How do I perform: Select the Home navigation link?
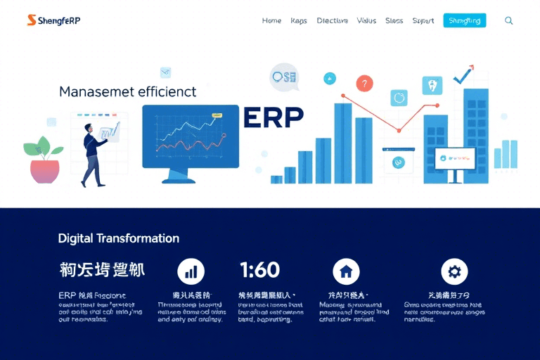point(271,21)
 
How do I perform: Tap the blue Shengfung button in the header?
point(465,21)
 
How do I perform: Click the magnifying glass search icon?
point(509,21)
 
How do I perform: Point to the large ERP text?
point(274,117)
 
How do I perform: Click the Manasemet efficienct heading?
point(127,91)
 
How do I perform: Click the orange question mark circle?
point(364,84)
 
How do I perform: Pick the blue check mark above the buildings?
point(463,75)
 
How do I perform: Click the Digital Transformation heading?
point(118,238)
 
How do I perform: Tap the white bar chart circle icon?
point(191,271)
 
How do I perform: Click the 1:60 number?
point(259,270)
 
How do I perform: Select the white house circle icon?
point(345,271)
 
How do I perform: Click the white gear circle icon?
point(454,271)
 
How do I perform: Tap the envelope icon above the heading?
point(166,72)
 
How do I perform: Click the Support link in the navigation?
point(423,21)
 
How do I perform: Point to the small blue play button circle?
point(329,79)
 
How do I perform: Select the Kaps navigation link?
point(299,21)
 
